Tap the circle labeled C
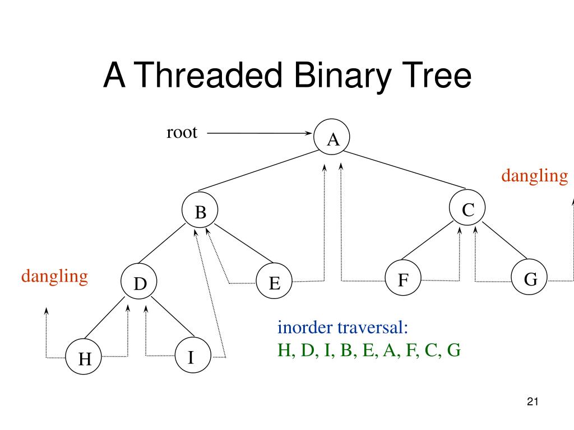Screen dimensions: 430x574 pyautogui.click(x=468, y=209)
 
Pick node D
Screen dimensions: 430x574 pyautogui.click(x=140, y=283)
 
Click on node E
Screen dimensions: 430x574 pyautogui.click(x=274, y=283)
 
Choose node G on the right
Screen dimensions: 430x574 pyautogui.click(x=530, y=278)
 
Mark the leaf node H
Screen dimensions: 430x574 pyautogui.click(x=85, y=358)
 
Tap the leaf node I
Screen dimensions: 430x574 pyautogui.click(x=191, y=356)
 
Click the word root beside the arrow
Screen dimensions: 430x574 pyautogui.click(x=182, y=133)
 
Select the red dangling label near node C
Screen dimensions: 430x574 pyautogui.click(x=534, y=176)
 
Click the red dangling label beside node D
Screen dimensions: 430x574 pyautogui.click(x=55, y=276)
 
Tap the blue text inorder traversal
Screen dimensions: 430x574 pyautogui.click(x=342, y=327)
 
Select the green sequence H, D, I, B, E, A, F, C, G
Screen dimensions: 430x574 pyautogui.click(x=369, y=350)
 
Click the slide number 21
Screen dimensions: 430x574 pyautogui.click(x=533, y=401)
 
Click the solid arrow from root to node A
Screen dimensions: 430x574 pyautogui.click(x=258, y=134)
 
